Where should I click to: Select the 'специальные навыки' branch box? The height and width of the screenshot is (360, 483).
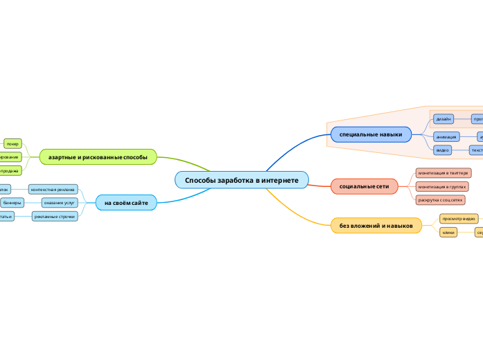click(x=371, y=134)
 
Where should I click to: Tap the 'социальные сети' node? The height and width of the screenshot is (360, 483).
click(x=364, y=187)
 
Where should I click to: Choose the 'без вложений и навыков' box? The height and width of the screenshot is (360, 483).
click(x=376, y=226)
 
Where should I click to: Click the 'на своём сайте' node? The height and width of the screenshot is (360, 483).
click(x=126, y=202)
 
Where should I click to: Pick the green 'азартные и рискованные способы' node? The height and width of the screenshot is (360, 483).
click(x=98, y=157)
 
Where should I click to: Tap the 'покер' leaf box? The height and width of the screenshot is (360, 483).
click(x=12, y=143)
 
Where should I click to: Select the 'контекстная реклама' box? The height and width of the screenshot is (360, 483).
click(x=53, y=189)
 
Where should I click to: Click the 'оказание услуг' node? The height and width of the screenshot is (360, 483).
click(x=60, y=203)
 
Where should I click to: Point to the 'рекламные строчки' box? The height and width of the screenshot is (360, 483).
click(x=55, y=217)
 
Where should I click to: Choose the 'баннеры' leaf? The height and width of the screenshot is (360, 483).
click(x=12, y=203)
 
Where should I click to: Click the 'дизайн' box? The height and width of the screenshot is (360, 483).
click(x=444, y=119)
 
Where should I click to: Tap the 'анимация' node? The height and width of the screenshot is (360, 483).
click(x=446, y=136)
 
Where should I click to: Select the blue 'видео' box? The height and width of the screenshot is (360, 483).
click(x=442, y=150)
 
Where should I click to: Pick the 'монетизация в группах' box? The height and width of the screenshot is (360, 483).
click(x=442, y=186)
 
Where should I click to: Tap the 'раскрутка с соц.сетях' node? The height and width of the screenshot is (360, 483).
click(x=439, y=199)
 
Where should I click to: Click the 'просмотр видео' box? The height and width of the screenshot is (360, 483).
click(x=458, y=219)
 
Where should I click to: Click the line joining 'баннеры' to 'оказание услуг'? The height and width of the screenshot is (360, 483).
click(x=33, y=203)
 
